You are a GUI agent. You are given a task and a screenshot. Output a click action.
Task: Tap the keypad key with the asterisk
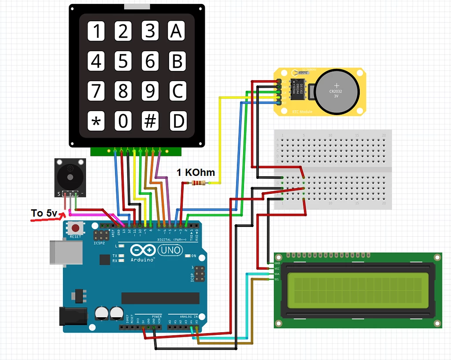coord(96,121)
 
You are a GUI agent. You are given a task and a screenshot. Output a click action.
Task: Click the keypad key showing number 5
coord(123,61)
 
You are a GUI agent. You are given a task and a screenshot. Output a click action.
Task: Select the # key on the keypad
coord(150,121)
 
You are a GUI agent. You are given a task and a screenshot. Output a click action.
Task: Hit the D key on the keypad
coord(177,121)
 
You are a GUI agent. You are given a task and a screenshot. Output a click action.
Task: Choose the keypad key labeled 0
coord(123,121)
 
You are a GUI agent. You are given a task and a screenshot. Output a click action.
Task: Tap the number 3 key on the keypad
coord(150,31)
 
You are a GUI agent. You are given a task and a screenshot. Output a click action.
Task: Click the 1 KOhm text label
coord(196,172)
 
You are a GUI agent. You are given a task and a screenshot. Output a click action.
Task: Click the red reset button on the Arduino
coord(76,228)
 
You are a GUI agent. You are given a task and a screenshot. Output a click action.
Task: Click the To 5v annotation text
coord(44,213)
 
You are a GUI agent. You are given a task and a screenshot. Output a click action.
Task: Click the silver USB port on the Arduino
coord(66,252)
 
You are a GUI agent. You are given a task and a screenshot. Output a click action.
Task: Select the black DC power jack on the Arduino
coord(73,316)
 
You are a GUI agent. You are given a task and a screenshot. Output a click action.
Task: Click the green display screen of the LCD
coord(357,290)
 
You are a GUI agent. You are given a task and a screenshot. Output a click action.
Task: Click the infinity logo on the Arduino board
coord(143,250)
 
